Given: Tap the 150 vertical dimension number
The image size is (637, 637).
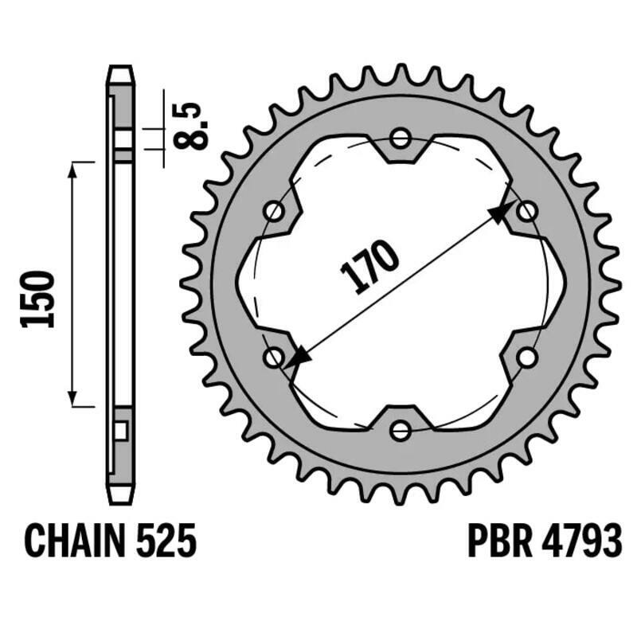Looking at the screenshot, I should tap(38, 299).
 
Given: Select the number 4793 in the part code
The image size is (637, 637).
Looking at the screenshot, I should tap(579, 542).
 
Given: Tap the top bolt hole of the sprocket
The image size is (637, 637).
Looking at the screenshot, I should tap(401, 139).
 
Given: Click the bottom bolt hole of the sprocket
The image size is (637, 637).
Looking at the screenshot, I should tap(401, 431).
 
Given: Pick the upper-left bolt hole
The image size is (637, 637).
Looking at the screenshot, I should tap(275, 212).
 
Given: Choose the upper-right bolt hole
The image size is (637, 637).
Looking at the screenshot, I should tap(526, 212).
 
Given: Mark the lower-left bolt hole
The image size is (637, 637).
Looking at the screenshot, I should tap(275, 358).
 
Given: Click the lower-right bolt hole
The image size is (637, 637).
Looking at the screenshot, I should tap(526, 358).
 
